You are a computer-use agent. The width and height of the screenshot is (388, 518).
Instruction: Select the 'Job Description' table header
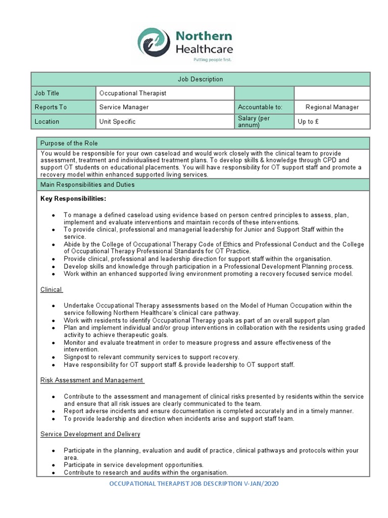[200, 79]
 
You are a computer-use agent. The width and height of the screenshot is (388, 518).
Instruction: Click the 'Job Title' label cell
[46, 93]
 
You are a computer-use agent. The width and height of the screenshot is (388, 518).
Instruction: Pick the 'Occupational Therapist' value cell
[133, 93]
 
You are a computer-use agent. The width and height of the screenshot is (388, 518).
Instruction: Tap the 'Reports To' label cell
[50, 107]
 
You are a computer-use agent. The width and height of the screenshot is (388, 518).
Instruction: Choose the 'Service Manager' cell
[124, 107]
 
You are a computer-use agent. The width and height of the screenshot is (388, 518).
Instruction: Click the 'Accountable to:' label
[260, 107]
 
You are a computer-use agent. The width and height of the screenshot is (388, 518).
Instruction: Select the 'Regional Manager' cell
[332, 107]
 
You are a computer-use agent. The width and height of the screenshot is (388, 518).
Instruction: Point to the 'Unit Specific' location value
[117, 121]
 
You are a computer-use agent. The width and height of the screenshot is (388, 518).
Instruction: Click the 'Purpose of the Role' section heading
[69, 143]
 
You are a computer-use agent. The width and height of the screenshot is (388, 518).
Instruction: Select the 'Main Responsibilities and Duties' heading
[88, 185]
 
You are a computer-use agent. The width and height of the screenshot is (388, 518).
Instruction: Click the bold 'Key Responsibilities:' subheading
[73, 199]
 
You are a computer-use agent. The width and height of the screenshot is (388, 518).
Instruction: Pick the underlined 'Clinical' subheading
[51, 290]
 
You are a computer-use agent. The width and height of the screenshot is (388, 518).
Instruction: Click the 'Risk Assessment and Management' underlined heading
[92, 380]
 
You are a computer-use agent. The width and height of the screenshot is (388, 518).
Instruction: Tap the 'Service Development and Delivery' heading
[90, 434]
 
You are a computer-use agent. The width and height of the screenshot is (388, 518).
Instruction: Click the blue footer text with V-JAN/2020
[194, 484]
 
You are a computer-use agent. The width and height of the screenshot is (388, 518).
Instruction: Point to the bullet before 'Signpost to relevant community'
[54, 357]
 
